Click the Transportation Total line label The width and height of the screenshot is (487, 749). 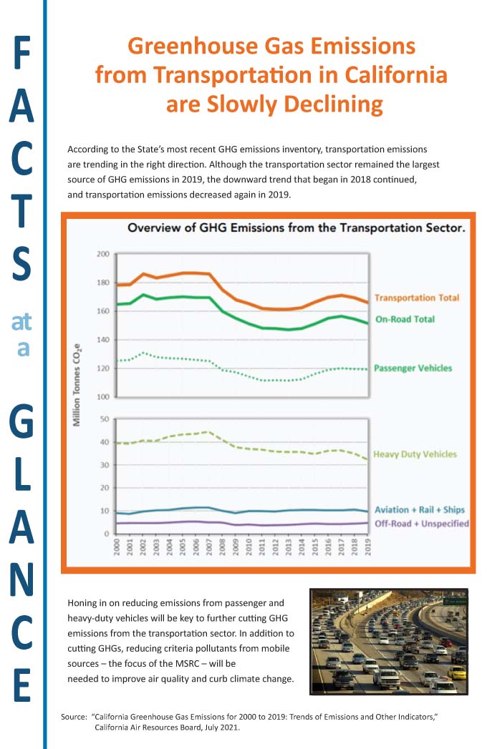416,298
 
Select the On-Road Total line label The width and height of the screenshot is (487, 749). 405,319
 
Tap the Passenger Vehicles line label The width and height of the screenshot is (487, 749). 413,368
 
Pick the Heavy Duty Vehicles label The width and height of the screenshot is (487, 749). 415,454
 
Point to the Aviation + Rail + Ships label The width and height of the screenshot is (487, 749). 420,510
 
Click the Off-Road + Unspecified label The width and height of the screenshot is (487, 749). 422,524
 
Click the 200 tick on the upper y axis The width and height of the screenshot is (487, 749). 102,254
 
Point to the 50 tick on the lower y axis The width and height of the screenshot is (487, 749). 104,419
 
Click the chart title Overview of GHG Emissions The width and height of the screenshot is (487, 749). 296,228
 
